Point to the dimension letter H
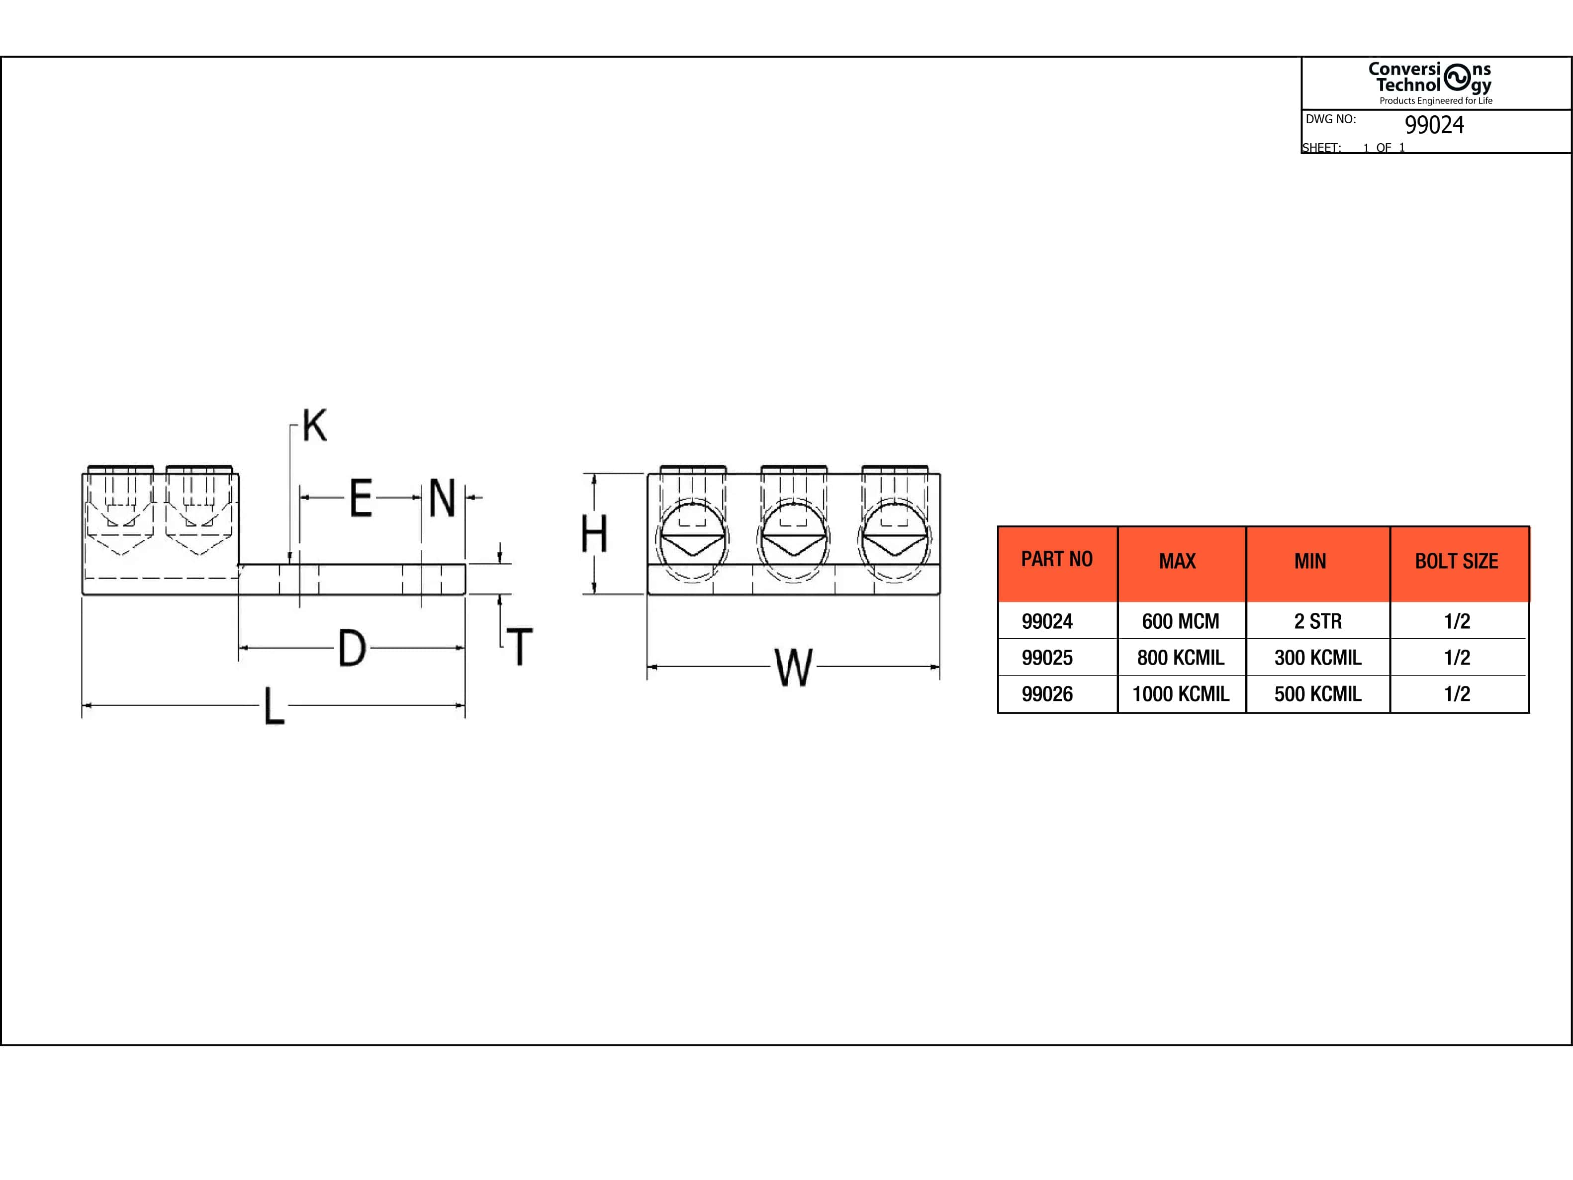[594, 534]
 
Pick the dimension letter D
[352, 648]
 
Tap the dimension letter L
[275, 706]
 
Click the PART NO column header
[1057, 560]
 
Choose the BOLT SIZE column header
[1456, 562]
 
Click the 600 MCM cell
[1181, 621]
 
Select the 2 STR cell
[1318, 621]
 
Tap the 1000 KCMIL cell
[1181, 694]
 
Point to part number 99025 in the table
[1047, 658]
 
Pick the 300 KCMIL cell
[1318, 658]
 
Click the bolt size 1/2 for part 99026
[1456, 694]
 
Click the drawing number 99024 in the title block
[1434, 125]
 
